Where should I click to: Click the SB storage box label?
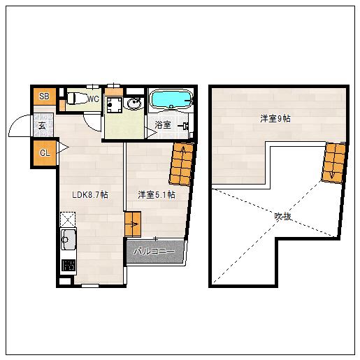click(x=44, y=96)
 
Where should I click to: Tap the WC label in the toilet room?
click(x=93, y=99)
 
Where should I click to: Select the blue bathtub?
click(x=171, y=99)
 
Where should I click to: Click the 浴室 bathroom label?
click(x=163, y=125)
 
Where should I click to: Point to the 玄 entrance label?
click(x=42, y=126)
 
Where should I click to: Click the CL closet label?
click(x=45, y=153)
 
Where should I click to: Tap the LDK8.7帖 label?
click(x=90, y=194)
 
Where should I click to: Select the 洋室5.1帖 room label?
click(x=157, y=194)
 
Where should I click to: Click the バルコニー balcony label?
click(x=154, y=252)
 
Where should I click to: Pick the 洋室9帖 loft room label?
click(x=275, y=119)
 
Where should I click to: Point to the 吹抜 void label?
click(x=283, y=217)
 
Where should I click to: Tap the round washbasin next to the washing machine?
click(x=134, y=103)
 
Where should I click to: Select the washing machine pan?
click(x=114, y=105)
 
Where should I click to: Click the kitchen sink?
click(x=68, y=239)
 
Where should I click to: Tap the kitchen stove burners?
click(x=69, y=265)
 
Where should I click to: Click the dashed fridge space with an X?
click(x=68, y=219)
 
